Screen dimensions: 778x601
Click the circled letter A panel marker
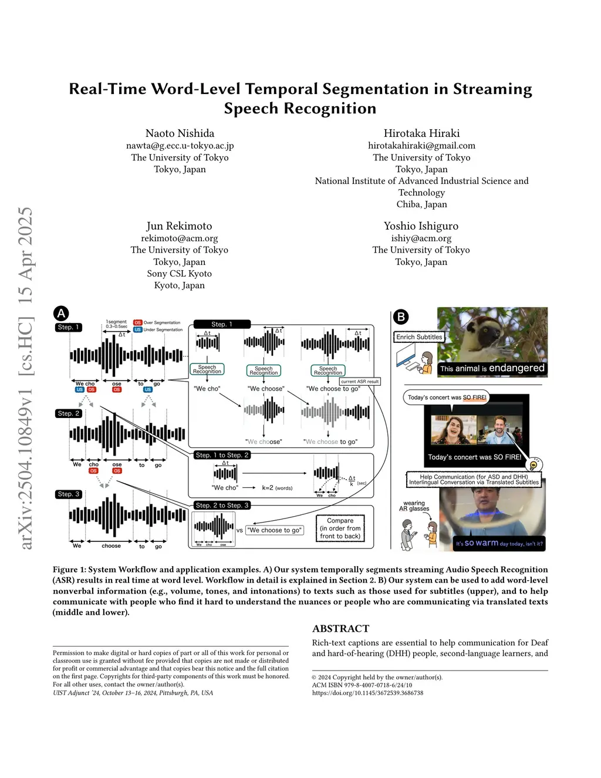pos(61,313)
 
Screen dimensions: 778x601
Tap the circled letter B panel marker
pos(401,317)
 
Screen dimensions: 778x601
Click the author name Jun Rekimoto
pos(179,226)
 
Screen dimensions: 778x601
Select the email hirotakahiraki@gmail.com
pos(421,146)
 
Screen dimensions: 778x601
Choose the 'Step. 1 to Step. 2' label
pos(222,455)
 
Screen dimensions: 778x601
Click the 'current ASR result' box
pos(360,382)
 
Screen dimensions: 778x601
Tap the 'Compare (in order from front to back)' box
pos(340,528)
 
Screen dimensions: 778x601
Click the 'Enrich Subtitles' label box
pos(419,337)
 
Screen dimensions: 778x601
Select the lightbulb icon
pos(534,465)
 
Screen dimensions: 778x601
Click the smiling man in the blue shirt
pos(499,430)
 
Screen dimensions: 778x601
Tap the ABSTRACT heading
pos(341,629)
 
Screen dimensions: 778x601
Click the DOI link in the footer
pos(367,693)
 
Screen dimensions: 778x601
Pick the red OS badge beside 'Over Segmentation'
pos(137,322)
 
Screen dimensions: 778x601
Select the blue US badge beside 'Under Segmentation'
pos(137,329)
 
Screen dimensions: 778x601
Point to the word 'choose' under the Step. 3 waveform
pos(111,546)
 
